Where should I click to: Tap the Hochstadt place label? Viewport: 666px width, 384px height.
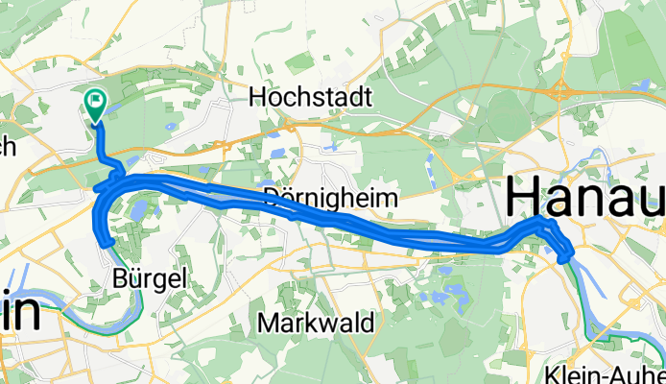coord(297,97)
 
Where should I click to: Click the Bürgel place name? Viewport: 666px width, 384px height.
coord(145,278)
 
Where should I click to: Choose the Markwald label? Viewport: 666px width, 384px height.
coord(316,322)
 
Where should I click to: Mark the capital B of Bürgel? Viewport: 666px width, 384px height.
coord(120,278)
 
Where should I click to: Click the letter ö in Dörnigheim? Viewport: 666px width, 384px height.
coord(284,198)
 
